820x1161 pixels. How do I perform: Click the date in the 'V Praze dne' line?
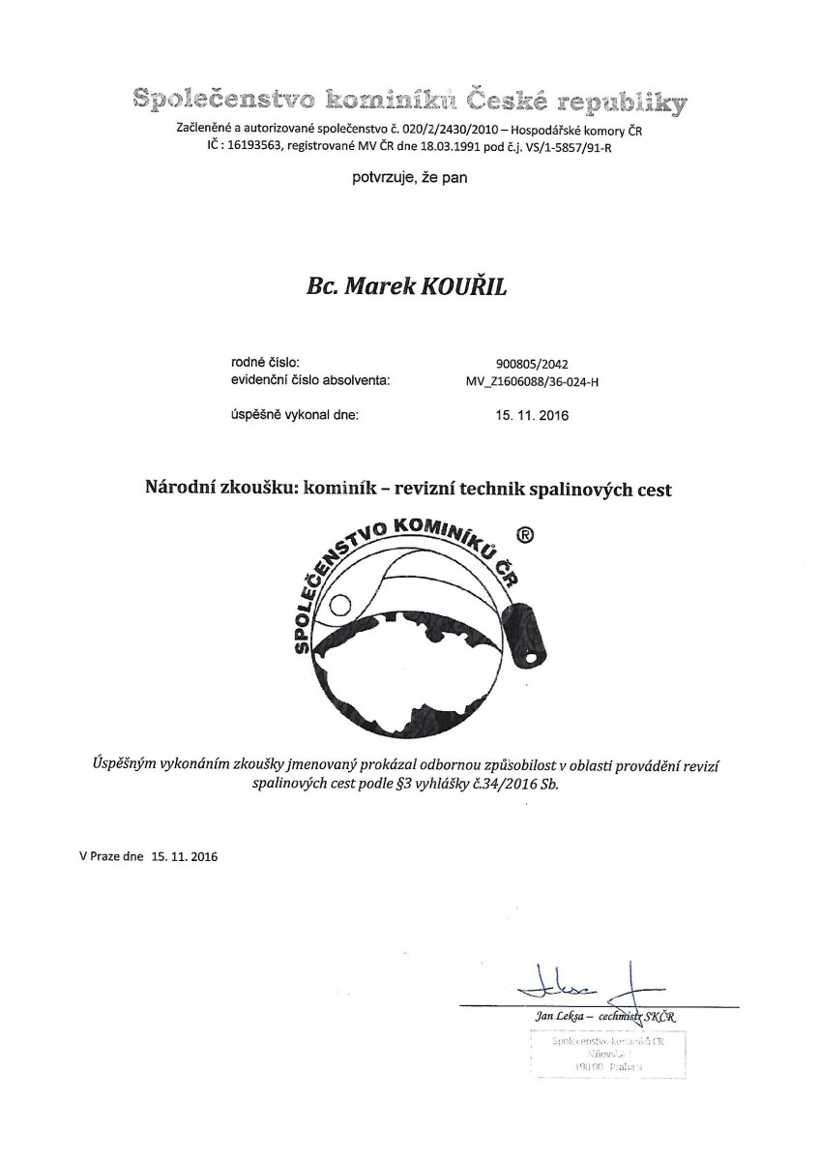click(184, 856)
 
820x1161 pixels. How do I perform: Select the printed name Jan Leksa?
click(555, 1016)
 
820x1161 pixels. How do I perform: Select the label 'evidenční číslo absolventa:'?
click(309, 380)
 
